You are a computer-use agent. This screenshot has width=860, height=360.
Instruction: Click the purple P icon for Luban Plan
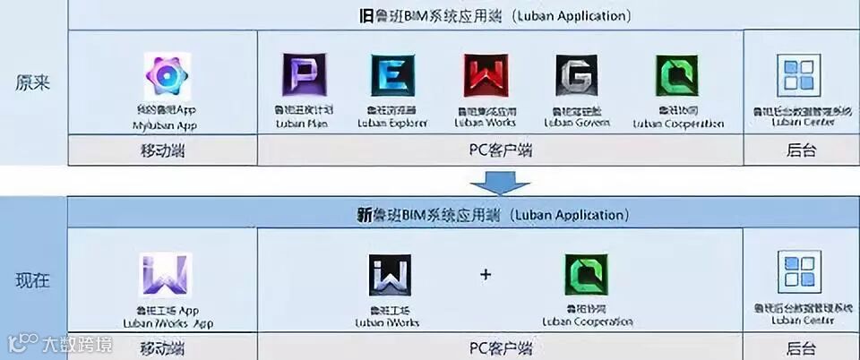click(x=298, y=76)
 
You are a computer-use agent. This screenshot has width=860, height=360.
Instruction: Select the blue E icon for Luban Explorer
click(x=391, y=76)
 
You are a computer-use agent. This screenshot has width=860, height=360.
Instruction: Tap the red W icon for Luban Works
click(x=485, y=76)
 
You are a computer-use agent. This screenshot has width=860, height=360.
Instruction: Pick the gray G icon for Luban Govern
click(x=576, y=76)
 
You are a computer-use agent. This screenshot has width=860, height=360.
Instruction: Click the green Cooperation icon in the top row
click(x=676, y=76)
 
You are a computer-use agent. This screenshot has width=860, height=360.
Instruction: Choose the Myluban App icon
click(x=166, y=75)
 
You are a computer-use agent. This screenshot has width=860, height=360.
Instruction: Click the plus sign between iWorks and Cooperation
click(x=486, y=275)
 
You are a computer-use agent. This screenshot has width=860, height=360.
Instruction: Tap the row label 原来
click(x=33, y=81)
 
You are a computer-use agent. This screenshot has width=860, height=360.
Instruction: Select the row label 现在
click(x=33, y=280)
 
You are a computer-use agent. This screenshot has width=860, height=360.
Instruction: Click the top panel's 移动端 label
click(x=162, y=150)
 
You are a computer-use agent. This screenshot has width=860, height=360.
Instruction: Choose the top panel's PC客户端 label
click(x=500, y=150)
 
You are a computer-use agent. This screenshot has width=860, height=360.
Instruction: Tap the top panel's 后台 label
click(x=801, y=150)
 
